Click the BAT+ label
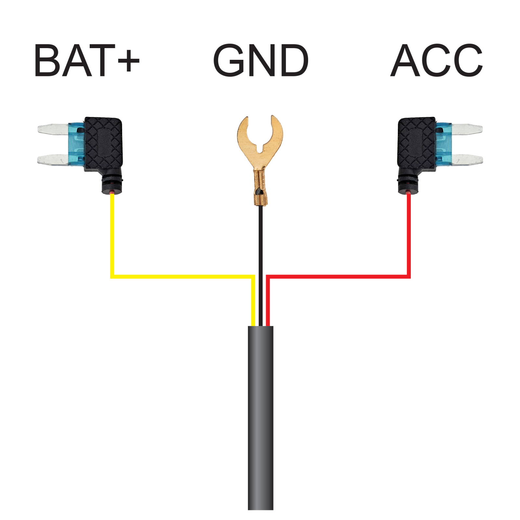(86, 61)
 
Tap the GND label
(260, 61)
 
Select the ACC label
(436, 61)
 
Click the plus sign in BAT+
(129, 61)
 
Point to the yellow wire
(182, 277)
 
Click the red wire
(338, 277)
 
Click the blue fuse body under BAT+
(76, 144)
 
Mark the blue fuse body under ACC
(444, 144)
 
